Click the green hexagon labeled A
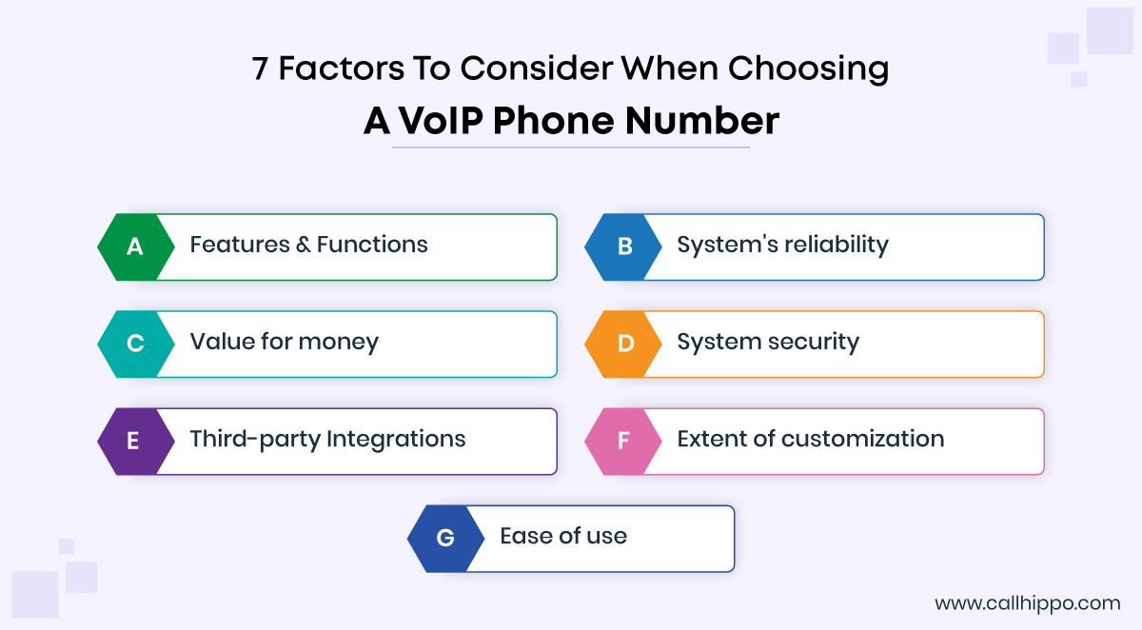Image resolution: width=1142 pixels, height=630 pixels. (x=135, y=246)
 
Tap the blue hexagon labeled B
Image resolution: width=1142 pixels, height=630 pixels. (x=623, y=246)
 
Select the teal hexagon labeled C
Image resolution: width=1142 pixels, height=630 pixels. (x=135, y=345)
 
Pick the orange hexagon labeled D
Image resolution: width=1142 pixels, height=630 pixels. (x=623, y=345)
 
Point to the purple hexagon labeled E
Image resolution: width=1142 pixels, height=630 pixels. (x=135, y=442)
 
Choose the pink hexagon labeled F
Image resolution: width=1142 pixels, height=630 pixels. (x=623, y=442)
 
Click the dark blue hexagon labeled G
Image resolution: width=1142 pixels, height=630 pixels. (x=445, y=539)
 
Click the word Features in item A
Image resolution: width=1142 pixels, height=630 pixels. (x=240, y=245)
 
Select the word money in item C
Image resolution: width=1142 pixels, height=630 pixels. (x=339, y=343)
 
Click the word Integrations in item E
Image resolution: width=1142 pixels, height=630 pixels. (x=396, y=440)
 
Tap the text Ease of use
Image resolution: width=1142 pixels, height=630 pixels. (x=563, y=536)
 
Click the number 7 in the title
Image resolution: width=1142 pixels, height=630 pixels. (x=260, y=69)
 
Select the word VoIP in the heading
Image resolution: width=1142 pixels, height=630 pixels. (x=441, y=121)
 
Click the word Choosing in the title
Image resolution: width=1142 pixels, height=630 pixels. (x=808, y=69)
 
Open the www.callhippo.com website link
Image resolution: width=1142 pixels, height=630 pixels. (x=1027, y=603)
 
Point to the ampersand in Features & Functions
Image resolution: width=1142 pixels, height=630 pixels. (x=304, y=245)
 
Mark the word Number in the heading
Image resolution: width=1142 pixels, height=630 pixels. (x=702, y=121)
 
